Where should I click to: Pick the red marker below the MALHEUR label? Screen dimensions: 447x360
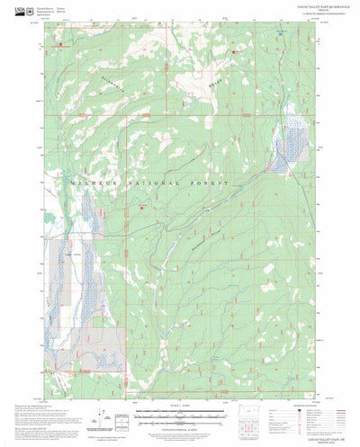click(142, 210)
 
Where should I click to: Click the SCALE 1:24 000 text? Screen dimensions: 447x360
click(179, 408)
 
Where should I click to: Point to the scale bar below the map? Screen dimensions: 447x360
click(179, 416)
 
